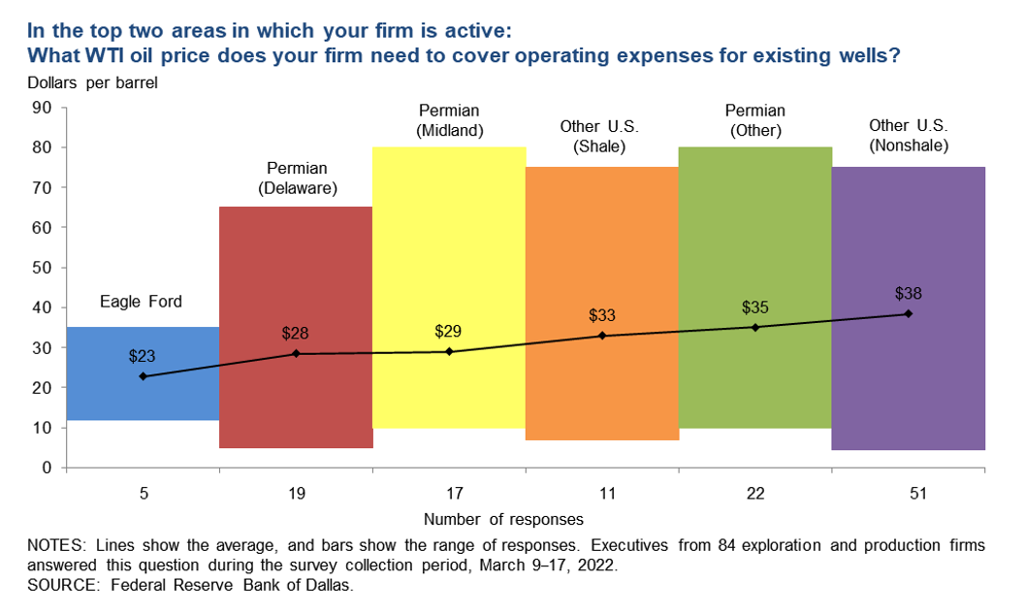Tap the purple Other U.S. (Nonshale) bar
coord(909,388)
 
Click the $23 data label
coord(142,356)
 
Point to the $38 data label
coord(909,294)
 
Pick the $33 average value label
coord(602,315)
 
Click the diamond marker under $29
coord(449,351)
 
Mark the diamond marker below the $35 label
coord(755,327)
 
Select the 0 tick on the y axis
coord(46,469)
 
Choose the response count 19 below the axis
coord(296,493)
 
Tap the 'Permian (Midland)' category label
coord(449,119)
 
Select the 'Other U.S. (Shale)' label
coord(602,137)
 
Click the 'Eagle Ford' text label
coord(142,303)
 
